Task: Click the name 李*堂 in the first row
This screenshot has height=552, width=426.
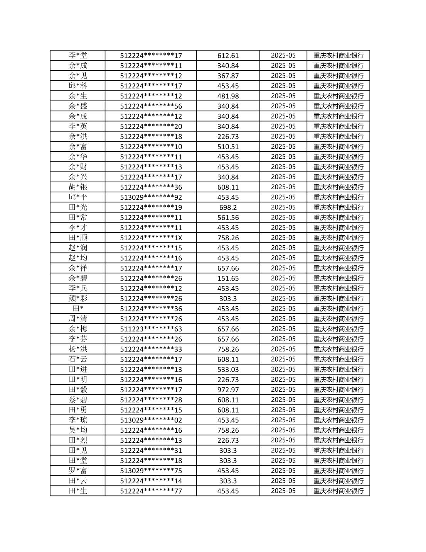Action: click(x=78, y=55)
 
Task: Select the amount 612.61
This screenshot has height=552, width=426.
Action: click(x=228, y=56)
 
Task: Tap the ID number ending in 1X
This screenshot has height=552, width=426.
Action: click(x=151, y=238)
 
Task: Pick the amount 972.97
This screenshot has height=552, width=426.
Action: click(x=228, y=390)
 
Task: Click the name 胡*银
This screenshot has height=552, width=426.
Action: click(x=78, y=187)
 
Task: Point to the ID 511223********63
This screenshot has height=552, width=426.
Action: click(x=151, y=329)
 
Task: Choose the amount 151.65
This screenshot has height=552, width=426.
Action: click(x=228, y=278)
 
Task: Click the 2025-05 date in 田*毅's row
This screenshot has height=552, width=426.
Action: click(x=283, y=389)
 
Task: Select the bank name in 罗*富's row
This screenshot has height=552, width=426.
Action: click(x=338, y=470)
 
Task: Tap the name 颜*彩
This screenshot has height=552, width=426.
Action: click(x=78, y=298)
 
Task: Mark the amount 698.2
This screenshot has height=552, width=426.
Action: click(x=228, y=207)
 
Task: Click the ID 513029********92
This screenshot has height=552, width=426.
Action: click(x=151, y=197)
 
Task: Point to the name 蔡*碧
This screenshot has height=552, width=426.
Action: click(x=78, y=399)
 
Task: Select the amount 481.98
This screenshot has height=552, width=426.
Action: click(x=228, y=96)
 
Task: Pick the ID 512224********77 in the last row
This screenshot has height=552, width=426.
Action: click(x=151, y=491)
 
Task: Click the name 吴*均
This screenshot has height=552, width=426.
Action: click(x=78, y=430)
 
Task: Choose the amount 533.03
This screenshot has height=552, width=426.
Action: click(x=228, y=369)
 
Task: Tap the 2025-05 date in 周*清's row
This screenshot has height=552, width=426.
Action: click(x=283, y=319)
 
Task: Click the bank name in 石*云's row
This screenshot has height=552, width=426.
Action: click(x=338, y=359)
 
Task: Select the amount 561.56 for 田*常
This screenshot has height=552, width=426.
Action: click(x=228, y=217)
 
